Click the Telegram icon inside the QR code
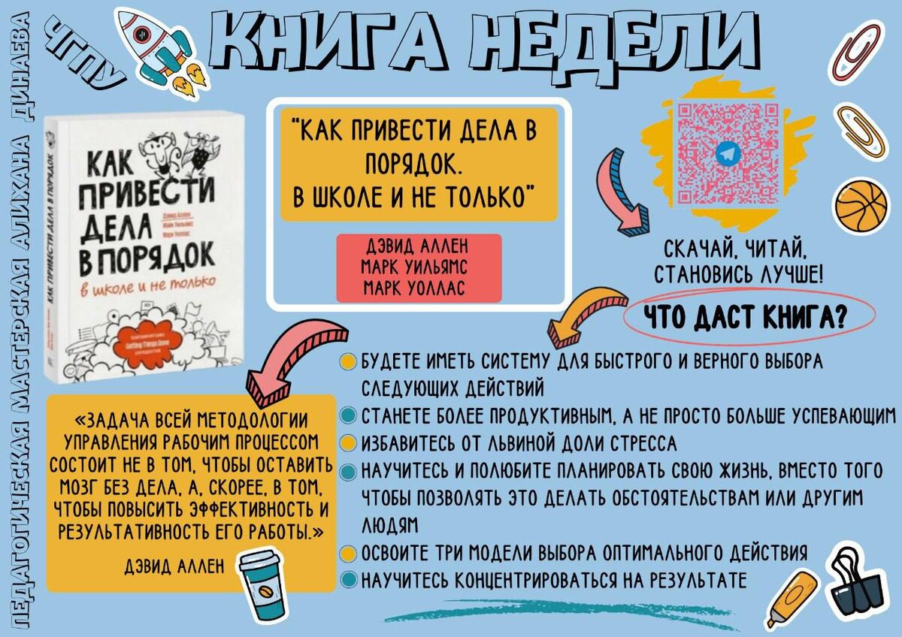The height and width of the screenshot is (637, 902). tap(726, 153)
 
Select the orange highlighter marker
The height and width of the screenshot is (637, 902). tap(791, 598)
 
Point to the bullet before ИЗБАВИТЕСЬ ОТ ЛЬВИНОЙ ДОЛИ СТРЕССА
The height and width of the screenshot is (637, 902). tap(348, 442)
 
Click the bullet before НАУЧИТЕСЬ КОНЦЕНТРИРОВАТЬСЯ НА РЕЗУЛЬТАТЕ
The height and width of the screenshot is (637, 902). tap(348, 580)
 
